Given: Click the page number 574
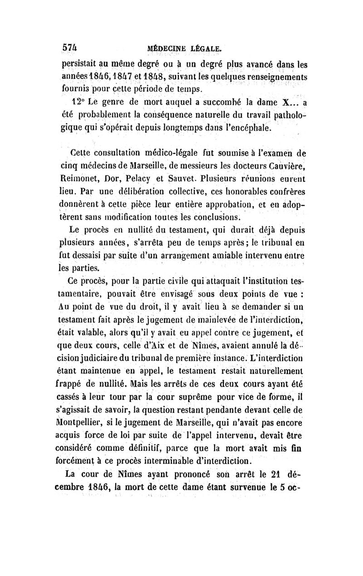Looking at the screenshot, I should pyautogui.click(x=70, y=47).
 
